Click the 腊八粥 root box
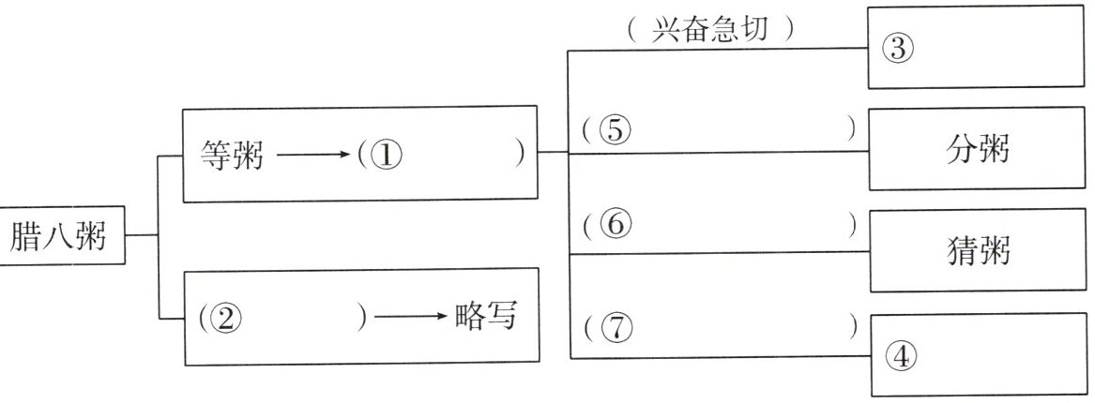click(62, 235)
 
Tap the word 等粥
click(232, 155)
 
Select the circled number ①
click(388, 156)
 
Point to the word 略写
click(485, 316)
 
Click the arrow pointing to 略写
click(411, 317)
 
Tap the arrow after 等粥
click(312, 154)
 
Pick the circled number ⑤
click(615, 129)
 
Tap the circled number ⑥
click(616, 225)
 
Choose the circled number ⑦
click(616, 328)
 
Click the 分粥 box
click(977, 148)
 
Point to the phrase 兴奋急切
click(709, 31)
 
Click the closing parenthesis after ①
click(519, 155)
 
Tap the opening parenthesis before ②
click(199, 319)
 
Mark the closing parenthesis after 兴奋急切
click(789, 31)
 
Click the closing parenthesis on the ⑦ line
click(853, 328)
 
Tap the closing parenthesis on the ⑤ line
click(851, 129)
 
